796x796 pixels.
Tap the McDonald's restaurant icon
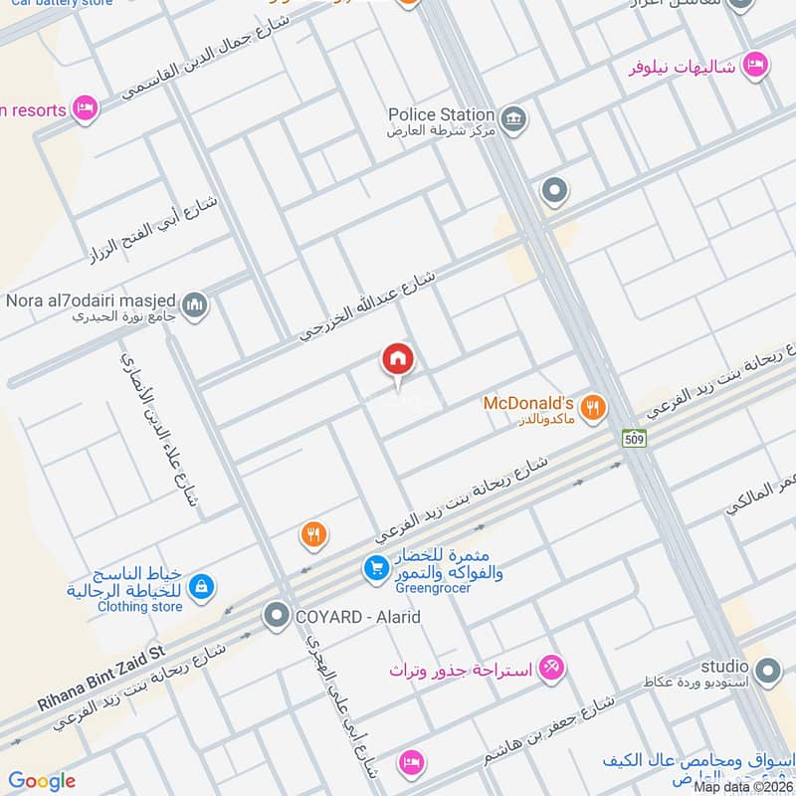[593, 406]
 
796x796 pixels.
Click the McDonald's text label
[528, 403]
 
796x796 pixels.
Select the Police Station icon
[513, 121]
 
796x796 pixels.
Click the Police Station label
[441, 114]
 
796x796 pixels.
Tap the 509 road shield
[633, 437]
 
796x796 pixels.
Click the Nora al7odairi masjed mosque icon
[195, 304]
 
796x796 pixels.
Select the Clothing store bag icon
[201, 587]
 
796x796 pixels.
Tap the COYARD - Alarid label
[357, 617]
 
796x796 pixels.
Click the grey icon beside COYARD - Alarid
[276, 617]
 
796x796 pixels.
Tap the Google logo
[42, 781]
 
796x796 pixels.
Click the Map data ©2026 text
[742, 786]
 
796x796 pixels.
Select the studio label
[724, 666]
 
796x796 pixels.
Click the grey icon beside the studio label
[766, 674]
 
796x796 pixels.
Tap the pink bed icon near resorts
[86, 108]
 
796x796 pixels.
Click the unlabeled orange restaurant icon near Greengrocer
[313, 535]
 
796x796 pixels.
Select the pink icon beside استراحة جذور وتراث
[551, 668]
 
